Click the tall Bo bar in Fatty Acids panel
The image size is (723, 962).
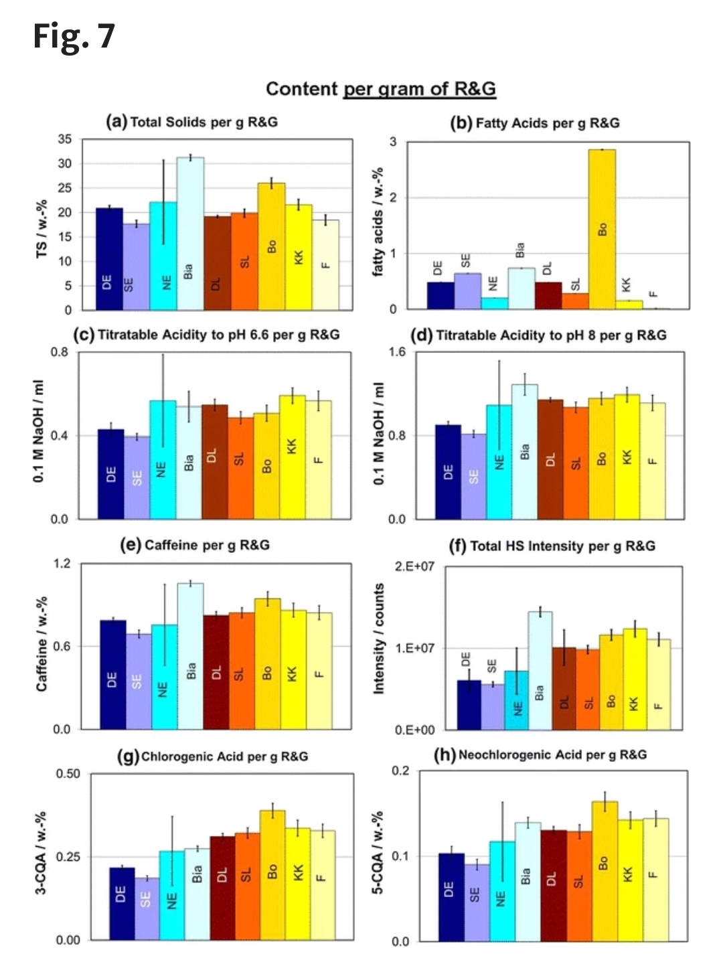[x=602, y=229]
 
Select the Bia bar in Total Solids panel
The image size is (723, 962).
[x=190, y=234]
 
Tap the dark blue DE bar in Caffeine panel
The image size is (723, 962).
[x=112, y=674]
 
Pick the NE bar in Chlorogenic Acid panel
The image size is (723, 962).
[x=171, y=895]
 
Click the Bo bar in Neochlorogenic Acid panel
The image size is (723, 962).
[x=605, y=870]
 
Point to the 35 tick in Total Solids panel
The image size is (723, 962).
[x=64, y=139]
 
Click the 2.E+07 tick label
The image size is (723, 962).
[x=414, y=566]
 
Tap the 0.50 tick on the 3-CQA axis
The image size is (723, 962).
[x=68, y=773]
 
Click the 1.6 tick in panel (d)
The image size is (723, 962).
[x=397, y=352]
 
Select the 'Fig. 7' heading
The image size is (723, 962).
[x=74, y=35]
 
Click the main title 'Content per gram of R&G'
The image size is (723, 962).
[x=380, y=88]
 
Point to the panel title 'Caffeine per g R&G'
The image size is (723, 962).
[x=195, y=545]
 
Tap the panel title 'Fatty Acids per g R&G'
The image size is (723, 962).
[x=535, y=123]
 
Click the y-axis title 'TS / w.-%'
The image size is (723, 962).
[x=42, y=228]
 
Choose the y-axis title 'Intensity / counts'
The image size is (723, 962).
[x=379, y=639]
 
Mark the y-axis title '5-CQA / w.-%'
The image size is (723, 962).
[x=378, y=853]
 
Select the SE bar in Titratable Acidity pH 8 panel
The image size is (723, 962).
[x=474, y=476]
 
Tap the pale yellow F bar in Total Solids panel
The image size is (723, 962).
[x=325, y=264]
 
